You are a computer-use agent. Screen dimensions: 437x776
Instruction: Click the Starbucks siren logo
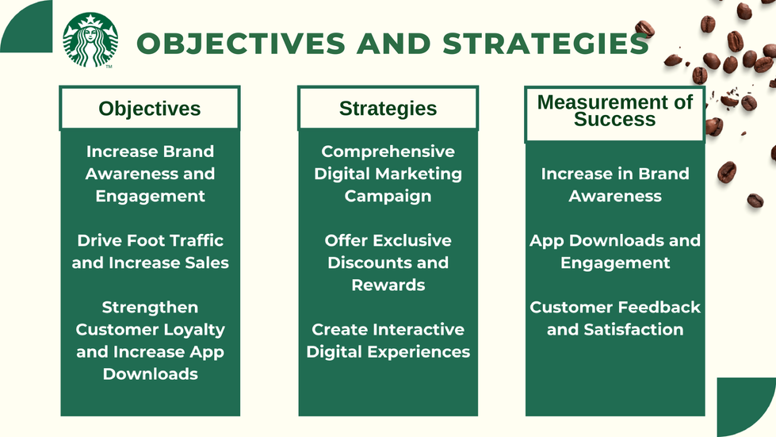[x=90, y=40]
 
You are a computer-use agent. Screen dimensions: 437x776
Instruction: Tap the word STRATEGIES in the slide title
[x=545, y=44]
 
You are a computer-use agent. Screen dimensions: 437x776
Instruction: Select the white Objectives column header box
[x=150, y=109]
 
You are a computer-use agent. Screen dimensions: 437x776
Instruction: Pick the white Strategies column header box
[x=388, y=109]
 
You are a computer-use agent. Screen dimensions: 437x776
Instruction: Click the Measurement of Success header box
[x=614, y=111]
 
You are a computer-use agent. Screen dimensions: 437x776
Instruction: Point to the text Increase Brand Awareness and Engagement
[x=150, y=174]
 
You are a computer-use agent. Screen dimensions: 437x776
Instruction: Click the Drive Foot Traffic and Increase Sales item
[x=150, y=251]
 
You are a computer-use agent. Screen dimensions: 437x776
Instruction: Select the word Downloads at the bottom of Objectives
[x=150, y=374]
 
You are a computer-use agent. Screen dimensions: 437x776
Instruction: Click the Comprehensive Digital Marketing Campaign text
[x=388, y=174]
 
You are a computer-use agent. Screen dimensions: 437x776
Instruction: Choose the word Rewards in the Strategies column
[x=388, y=285]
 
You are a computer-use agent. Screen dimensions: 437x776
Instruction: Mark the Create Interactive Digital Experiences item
[x=388, y=340]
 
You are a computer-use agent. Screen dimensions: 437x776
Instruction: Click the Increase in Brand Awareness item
[x=614, y=185]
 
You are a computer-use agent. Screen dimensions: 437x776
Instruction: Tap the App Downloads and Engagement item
[x=614, y=251]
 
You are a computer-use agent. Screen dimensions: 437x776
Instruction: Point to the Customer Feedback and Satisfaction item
[x=614, y=318]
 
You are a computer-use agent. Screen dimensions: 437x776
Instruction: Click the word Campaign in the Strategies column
[x=388, y=196]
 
